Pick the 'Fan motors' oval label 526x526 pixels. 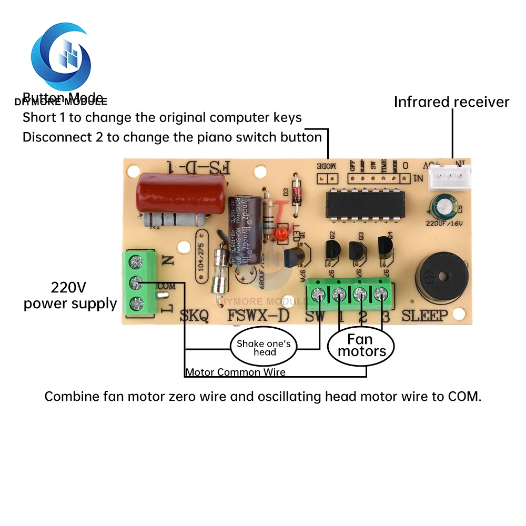[x=361, y=346]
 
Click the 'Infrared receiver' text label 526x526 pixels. [x=451, y=102]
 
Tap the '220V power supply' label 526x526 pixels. [x=70, y=296]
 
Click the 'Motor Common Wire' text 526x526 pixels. [x=235, y=372]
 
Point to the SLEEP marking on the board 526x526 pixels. [x=425, y=316]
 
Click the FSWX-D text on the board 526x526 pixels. [x=258, y=316]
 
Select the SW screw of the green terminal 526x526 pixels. [x=318, y=294]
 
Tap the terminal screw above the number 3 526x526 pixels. [x=381, y=295]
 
